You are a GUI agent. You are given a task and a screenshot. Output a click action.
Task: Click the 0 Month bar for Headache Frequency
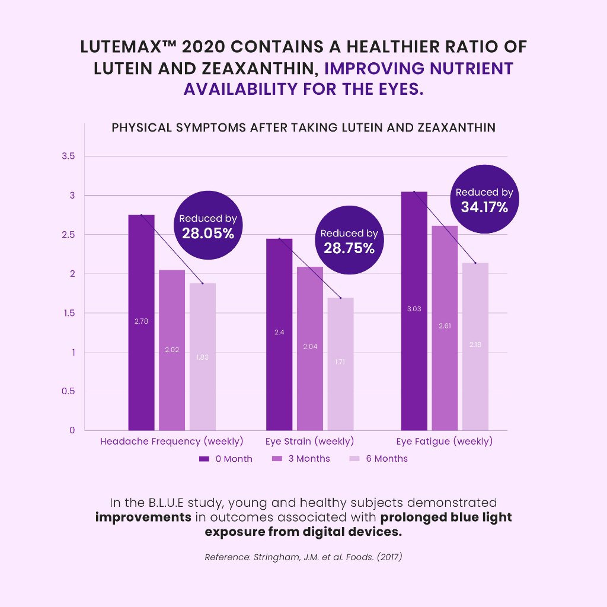pos(141,322)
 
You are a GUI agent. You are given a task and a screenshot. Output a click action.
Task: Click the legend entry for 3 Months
pos(301,459)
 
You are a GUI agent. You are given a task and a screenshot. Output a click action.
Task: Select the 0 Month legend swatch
pos(205,459)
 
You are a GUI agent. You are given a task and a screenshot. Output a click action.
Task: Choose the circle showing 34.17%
pos(484,200)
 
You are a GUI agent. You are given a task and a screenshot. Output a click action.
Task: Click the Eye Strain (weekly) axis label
pos(309,442)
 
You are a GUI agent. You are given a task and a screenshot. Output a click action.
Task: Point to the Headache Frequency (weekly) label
pos(172,442)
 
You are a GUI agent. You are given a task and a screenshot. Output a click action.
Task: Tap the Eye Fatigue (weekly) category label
pos(445,442)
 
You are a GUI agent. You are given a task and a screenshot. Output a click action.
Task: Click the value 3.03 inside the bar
pos(414,309)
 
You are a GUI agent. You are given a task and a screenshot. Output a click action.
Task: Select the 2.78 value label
pos(141,321)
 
